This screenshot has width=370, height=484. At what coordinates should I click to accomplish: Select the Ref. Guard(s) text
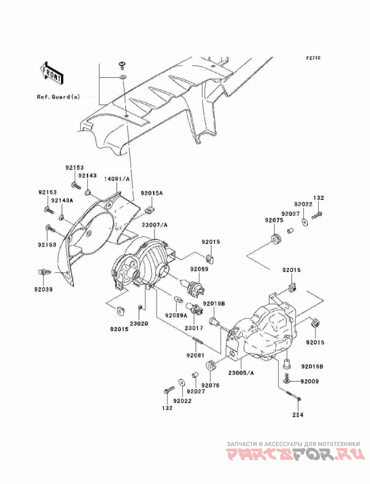58,97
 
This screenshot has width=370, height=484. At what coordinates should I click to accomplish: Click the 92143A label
62,200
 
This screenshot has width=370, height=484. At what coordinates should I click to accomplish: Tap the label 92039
43,290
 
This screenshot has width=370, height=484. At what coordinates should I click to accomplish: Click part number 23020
139,324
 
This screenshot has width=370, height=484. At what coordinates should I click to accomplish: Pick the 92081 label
194,355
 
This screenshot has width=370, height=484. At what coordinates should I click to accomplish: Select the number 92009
309,382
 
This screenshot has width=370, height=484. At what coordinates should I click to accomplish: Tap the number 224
298,415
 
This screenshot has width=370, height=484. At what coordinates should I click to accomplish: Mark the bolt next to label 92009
288,378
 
